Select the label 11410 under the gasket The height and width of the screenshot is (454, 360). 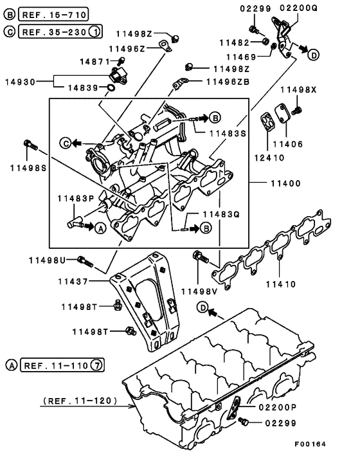click(281, 283)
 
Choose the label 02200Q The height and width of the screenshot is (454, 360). click(298, 8)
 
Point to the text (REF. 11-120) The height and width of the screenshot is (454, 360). click(80, 401)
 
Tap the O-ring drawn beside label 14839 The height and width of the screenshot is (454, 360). click(113, 88)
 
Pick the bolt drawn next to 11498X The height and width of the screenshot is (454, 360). click(297, 113)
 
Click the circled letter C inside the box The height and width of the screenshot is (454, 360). click(66, 141)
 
